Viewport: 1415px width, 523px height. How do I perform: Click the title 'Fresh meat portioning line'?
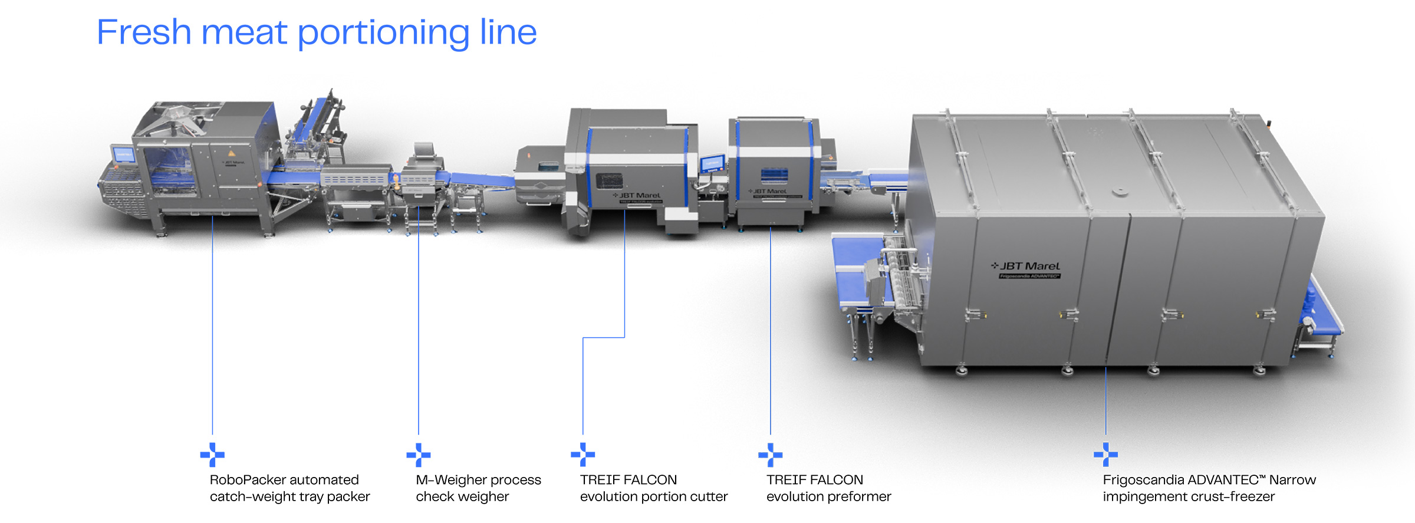[317, 32]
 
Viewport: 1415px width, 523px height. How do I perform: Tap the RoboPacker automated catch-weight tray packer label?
[289, 488]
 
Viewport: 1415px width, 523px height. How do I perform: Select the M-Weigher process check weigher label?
[478, 488]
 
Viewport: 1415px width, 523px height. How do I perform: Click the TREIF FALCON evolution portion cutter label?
[653, 488]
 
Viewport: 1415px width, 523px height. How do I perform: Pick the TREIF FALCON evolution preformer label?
[828, 488]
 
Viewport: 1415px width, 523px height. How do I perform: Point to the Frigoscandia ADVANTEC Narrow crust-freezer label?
[1209, 488]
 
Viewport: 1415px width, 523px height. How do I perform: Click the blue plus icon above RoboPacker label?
[212, 455]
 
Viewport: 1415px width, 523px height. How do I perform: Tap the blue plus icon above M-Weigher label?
[419, 455]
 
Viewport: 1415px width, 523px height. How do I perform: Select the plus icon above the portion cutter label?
[583, 455]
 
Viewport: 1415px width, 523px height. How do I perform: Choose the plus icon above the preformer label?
[771, 455]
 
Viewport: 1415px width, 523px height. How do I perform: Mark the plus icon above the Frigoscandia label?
[1105, 455]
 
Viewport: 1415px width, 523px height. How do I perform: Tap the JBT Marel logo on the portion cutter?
[637, 195]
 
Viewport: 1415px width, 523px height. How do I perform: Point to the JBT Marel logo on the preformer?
[768, 191]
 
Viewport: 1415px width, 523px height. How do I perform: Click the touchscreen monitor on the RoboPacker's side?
[123, 154]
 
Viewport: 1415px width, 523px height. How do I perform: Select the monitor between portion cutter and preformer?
[712, 163]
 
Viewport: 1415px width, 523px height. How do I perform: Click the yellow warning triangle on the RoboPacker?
[232, 153]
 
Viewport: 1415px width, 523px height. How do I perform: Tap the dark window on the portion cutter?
[608, 180]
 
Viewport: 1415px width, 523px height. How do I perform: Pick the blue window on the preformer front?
[774, 175]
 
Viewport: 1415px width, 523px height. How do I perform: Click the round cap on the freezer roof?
[1120, 192]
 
